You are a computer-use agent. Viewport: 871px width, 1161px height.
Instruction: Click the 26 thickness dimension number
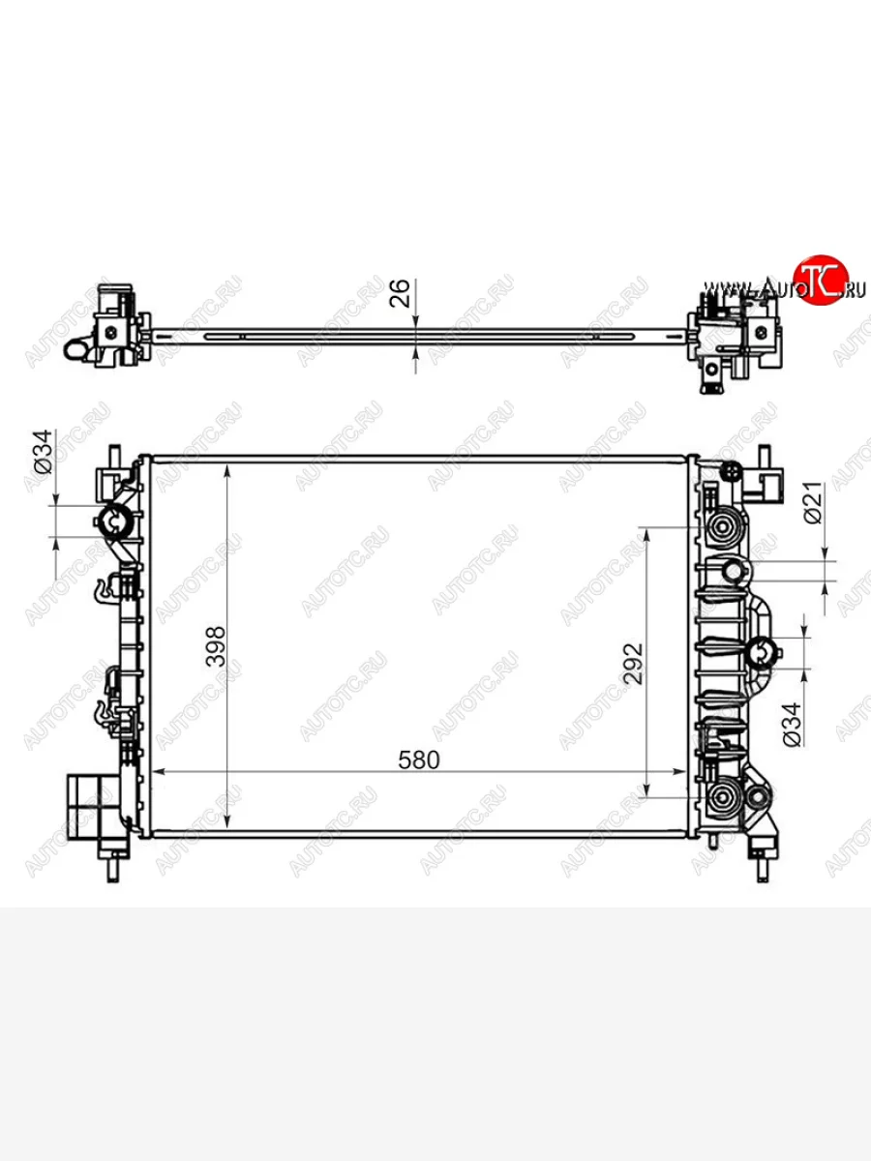point(400,293)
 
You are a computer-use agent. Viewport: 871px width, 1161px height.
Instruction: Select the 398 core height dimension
point(216,646)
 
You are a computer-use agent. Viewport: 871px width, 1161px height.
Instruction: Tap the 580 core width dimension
point(419,760)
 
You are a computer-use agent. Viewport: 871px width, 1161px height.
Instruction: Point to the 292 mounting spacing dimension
point(634,664)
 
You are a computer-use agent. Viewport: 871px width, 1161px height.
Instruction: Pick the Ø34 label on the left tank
point(44,452)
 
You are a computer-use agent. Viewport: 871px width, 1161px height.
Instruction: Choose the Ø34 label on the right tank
point(792,725)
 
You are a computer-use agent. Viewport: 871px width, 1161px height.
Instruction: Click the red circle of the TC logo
point(821,280)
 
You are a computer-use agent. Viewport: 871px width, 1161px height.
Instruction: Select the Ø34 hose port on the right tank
point(761,654)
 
